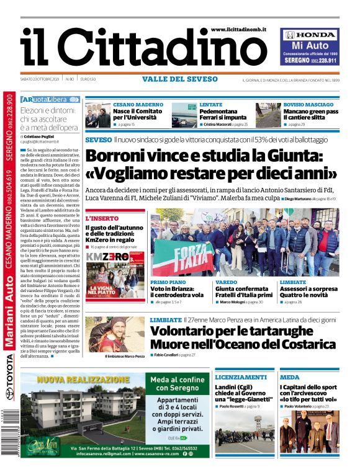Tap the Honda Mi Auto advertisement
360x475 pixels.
(310, 47)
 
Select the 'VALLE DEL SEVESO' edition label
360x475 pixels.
(180, 79)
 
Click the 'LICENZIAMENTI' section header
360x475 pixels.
(241, 377)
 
